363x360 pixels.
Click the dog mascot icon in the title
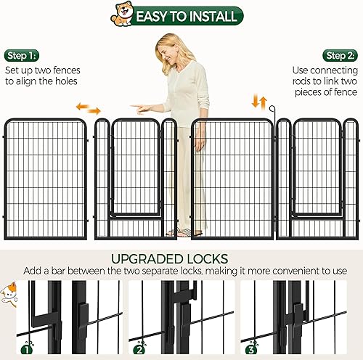(122, 14)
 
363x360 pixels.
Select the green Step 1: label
(23, 55)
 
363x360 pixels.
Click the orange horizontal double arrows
(89, 109)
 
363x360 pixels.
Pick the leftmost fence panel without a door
(44, 178)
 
